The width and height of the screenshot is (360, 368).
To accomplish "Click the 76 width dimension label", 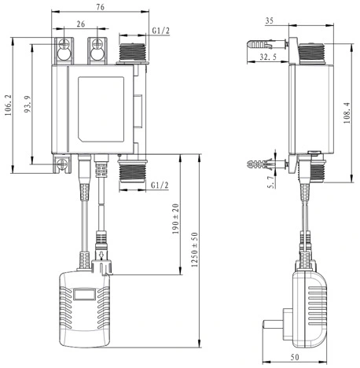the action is [x=101, y=7].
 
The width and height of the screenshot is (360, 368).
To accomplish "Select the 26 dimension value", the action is [x=81, y=24].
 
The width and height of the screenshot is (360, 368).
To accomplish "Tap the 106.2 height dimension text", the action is [x=8, y=105].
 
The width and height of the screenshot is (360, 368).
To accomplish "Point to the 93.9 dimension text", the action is [x=28, y=105].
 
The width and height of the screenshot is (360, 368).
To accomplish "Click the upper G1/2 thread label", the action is [x=161, y=31].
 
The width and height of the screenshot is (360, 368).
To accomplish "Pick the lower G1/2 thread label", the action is [x=160, y=186].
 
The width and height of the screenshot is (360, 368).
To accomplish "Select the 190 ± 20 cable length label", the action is [x=175, y=219].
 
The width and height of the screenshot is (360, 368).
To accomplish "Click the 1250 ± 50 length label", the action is [x=195, y=249].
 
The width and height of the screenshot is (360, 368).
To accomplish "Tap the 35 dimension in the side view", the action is [x=269, y=20].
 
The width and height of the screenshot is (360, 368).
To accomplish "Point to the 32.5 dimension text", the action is [x=268, y=57].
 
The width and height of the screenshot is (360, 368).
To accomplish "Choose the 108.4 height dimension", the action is [x=347, y=112].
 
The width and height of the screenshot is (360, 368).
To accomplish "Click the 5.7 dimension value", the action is [x=271, y=182].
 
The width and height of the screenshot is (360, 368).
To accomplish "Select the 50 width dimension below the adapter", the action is [x=295, y=357].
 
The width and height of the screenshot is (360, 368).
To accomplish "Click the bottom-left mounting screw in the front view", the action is [x=62, y=164].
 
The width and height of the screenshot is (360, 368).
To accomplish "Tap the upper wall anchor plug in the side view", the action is [x=266, y=44].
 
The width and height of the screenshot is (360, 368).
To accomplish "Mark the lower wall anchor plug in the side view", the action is [x=266, y=164].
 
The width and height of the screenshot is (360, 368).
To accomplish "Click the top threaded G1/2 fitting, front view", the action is [x=132, y=53].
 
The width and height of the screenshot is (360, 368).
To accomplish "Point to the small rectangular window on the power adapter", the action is [x=84, y=294].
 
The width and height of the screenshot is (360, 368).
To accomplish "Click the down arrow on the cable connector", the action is [x=101, y=254].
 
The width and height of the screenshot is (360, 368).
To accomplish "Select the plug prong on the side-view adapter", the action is [x=273, y=325].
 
